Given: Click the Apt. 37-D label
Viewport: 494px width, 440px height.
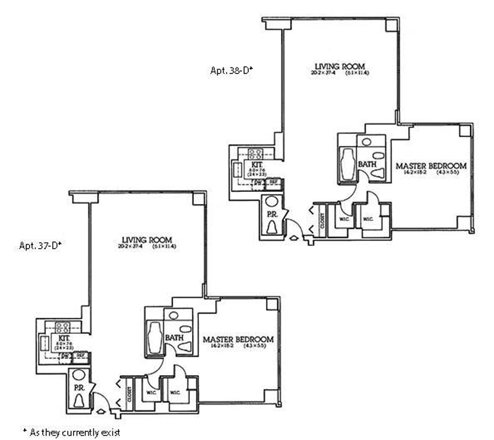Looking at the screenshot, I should tap(40, 245).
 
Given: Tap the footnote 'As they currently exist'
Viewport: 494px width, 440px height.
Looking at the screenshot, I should tap(70, 432).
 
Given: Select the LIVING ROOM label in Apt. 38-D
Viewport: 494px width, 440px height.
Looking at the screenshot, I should tap(340, 66).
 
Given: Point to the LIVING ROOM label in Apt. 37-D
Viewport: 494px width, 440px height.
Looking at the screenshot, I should tap(147, 239).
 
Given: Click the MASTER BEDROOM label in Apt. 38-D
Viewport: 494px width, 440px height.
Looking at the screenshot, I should tap(430, 166).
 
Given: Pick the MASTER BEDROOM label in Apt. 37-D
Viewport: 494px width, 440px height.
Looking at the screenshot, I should tap(238, 339).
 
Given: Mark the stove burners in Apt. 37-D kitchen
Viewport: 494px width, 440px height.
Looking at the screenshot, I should tap(62, 326).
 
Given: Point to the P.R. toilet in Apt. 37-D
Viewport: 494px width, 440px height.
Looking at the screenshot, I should tap(79, 401).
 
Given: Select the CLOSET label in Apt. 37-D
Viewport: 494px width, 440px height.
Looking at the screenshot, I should tap(130, 394).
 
